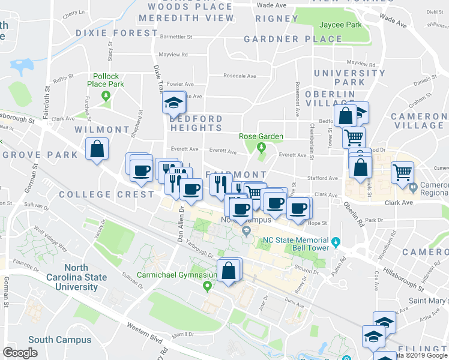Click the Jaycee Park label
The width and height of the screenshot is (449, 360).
point(340,25)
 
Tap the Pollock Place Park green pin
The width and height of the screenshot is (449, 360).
point(106,95)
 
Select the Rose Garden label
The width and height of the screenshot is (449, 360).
point(261,136)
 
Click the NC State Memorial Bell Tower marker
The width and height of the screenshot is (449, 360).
point(336,243)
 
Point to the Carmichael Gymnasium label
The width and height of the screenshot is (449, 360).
point(169,275)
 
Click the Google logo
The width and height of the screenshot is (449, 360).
point(20,353)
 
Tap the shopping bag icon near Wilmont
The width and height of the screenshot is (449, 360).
point(96,150)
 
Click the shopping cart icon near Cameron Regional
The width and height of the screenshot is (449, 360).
point(402,172)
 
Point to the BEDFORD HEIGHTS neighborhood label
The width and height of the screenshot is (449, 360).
point(196,123)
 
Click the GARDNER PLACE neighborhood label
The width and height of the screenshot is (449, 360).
point(293,40)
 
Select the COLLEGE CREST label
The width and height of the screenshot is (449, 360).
point(106,194)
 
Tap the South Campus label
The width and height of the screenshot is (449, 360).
point(59,340)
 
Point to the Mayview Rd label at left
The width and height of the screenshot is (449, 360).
point(173,55)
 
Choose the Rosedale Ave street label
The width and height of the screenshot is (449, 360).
point(240,76)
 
